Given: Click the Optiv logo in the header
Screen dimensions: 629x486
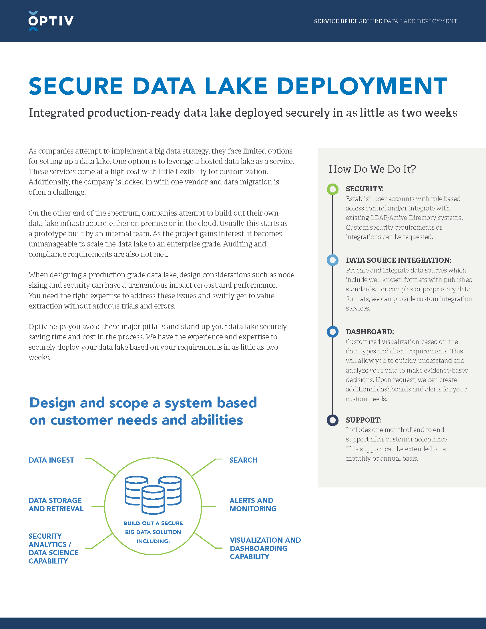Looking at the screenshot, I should point(51,21).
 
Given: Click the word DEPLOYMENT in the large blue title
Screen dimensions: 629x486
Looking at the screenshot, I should point(362,86).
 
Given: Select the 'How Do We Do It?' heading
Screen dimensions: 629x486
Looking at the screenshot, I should point(372,169).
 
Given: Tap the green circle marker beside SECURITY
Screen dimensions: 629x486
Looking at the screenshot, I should point(332,189).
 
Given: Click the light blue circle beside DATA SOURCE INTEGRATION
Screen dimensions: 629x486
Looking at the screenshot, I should point(332,260).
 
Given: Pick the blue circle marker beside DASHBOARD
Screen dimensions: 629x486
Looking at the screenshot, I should point(332,332).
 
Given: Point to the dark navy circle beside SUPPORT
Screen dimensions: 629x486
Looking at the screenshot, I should point(332,420).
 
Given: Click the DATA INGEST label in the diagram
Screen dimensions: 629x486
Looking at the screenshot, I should point(51,460).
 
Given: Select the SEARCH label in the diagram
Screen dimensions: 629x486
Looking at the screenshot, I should point(243,460).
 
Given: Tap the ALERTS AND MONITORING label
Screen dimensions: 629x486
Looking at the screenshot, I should point(253,504).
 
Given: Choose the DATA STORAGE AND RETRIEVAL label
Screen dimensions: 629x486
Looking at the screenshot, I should point(56,504).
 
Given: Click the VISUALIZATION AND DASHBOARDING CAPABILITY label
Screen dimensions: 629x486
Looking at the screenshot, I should point(265,548).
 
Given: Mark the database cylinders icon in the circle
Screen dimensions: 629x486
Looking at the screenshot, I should point(153,494).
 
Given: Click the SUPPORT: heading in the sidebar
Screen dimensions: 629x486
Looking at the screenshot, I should point(364,420).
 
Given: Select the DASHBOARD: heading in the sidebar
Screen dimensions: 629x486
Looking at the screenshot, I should point(370,332).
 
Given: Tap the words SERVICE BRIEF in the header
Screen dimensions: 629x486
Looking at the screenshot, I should point(335,21).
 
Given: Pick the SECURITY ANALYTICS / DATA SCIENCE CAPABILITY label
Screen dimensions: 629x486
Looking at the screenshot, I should point(53,548).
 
